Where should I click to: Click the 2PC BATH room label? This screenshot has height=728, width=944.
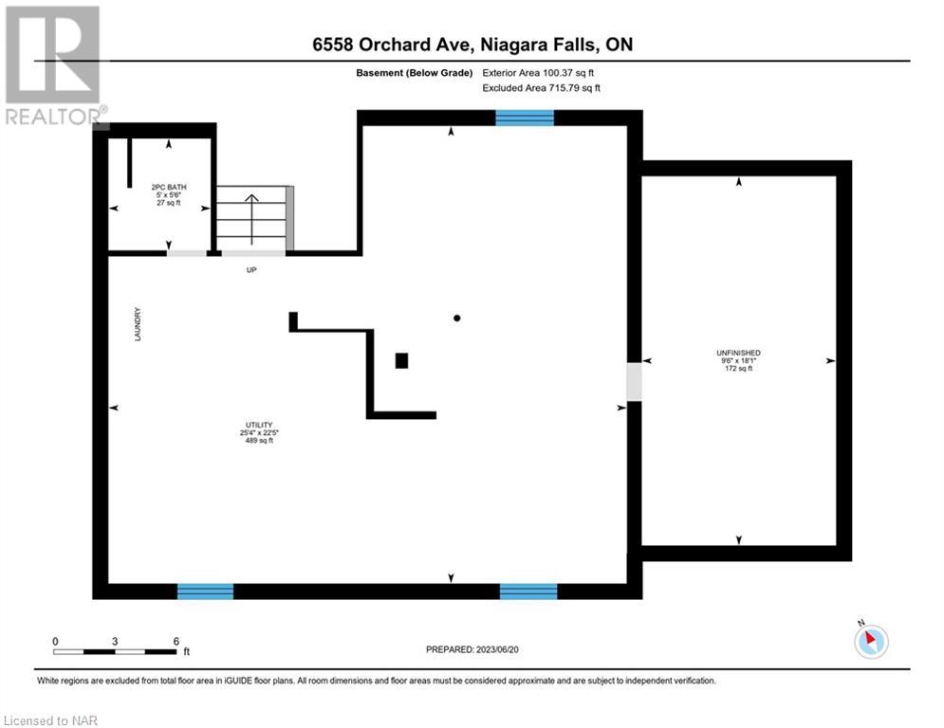(x=169, y=187)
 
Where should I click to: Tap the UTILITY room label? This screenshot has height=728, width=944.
(x=259, y=425)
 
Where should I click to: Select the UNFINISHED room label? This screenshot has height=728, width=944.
(x=738, y=353)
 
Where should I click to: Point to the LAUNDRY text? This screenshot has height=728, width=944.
(x=138, y=324)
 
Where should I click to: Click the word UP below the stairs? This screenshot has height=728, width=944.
(x=251, y=270)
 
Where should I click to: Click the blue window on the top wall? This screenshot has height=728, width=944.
(x=525, y=118)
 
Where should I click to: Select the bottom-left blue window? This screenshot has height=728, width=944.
(x=205, y=591)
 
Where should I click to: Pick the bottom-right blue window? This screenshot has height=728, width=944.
(x=528, y=591)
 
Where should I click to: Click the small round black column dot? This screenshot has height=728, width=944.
(x=457, y=318)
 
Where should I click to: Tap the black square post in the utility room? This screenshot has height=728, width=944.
(x=401, y=360)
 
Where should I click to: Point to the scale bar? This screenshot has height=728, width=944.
(x=115, y=651)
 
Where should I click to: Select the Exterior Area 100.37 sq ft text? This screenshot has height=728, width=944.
(x=538, y=73)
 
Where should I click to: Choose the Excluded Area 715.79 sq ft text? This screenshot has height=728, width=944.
(x=541, y=88)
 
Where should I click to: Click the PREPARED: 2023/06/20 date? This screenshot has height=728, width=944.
(x=472, y=649)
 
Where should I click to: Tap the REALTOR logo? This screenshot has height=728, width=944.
(x=54, y=66)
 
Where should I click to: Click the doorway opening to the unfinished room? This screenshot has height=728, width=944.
(x=634, y=381)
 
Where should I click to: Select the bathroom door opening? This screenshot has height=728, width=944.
(x=187, y=253)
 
